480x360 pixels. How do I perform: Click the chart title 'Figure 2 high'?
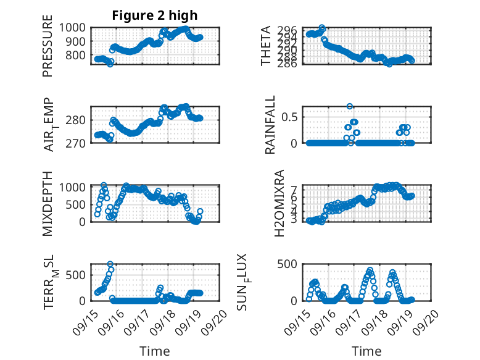155,15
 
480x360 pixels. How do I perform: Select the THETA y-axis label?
266,46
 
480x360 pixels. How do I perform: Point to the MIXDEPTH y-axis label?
48,204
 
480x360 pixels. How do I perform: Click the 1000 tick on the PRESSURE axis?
77,28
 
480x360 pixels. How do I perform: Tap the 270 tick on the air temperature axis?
80,143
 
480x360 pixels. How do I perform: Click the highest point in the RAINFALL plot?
350,107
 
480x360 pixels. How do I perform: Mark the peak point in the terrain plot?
110,264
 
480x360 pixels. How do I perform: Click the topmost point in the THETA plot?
321,28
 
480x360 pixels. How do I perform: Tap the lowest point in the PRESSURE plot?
110,64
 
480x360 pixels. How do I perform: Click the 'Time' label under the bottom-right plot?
366,351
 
